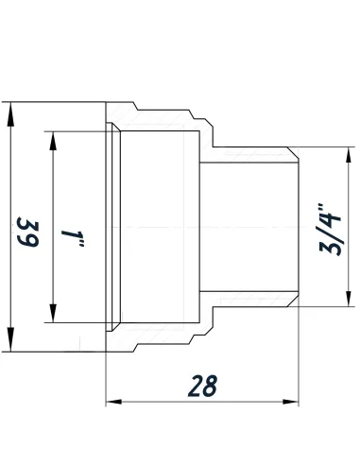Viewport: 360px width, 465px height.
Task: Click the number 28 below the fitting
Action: coord(203,387)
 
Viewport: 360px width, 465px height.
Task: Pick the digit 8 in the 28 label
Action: coord(213,387)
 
